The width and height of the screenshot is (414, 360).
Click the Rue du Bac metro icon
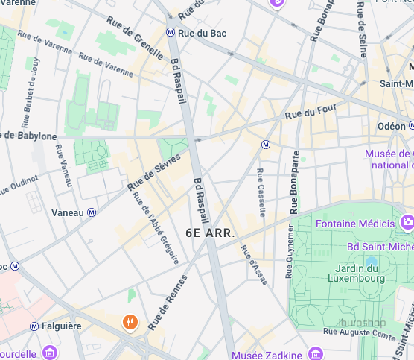click(x=171, y=33)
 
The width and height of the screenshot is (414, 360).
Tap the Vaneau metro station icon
click(x=92, y=212)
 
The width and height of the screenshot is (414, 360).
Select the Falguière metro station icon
click(x=34, y=326)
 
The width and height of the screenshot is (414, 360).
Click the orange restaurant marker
click(x=129, y=322)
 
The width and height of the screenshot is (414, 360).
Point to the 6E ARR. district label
click(x=211, y=233)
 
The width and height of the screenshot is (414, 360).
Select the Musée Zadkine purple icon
click(x=316, y=353)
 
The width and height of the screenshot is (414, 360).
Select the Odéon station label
click(x=392, y=127)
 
